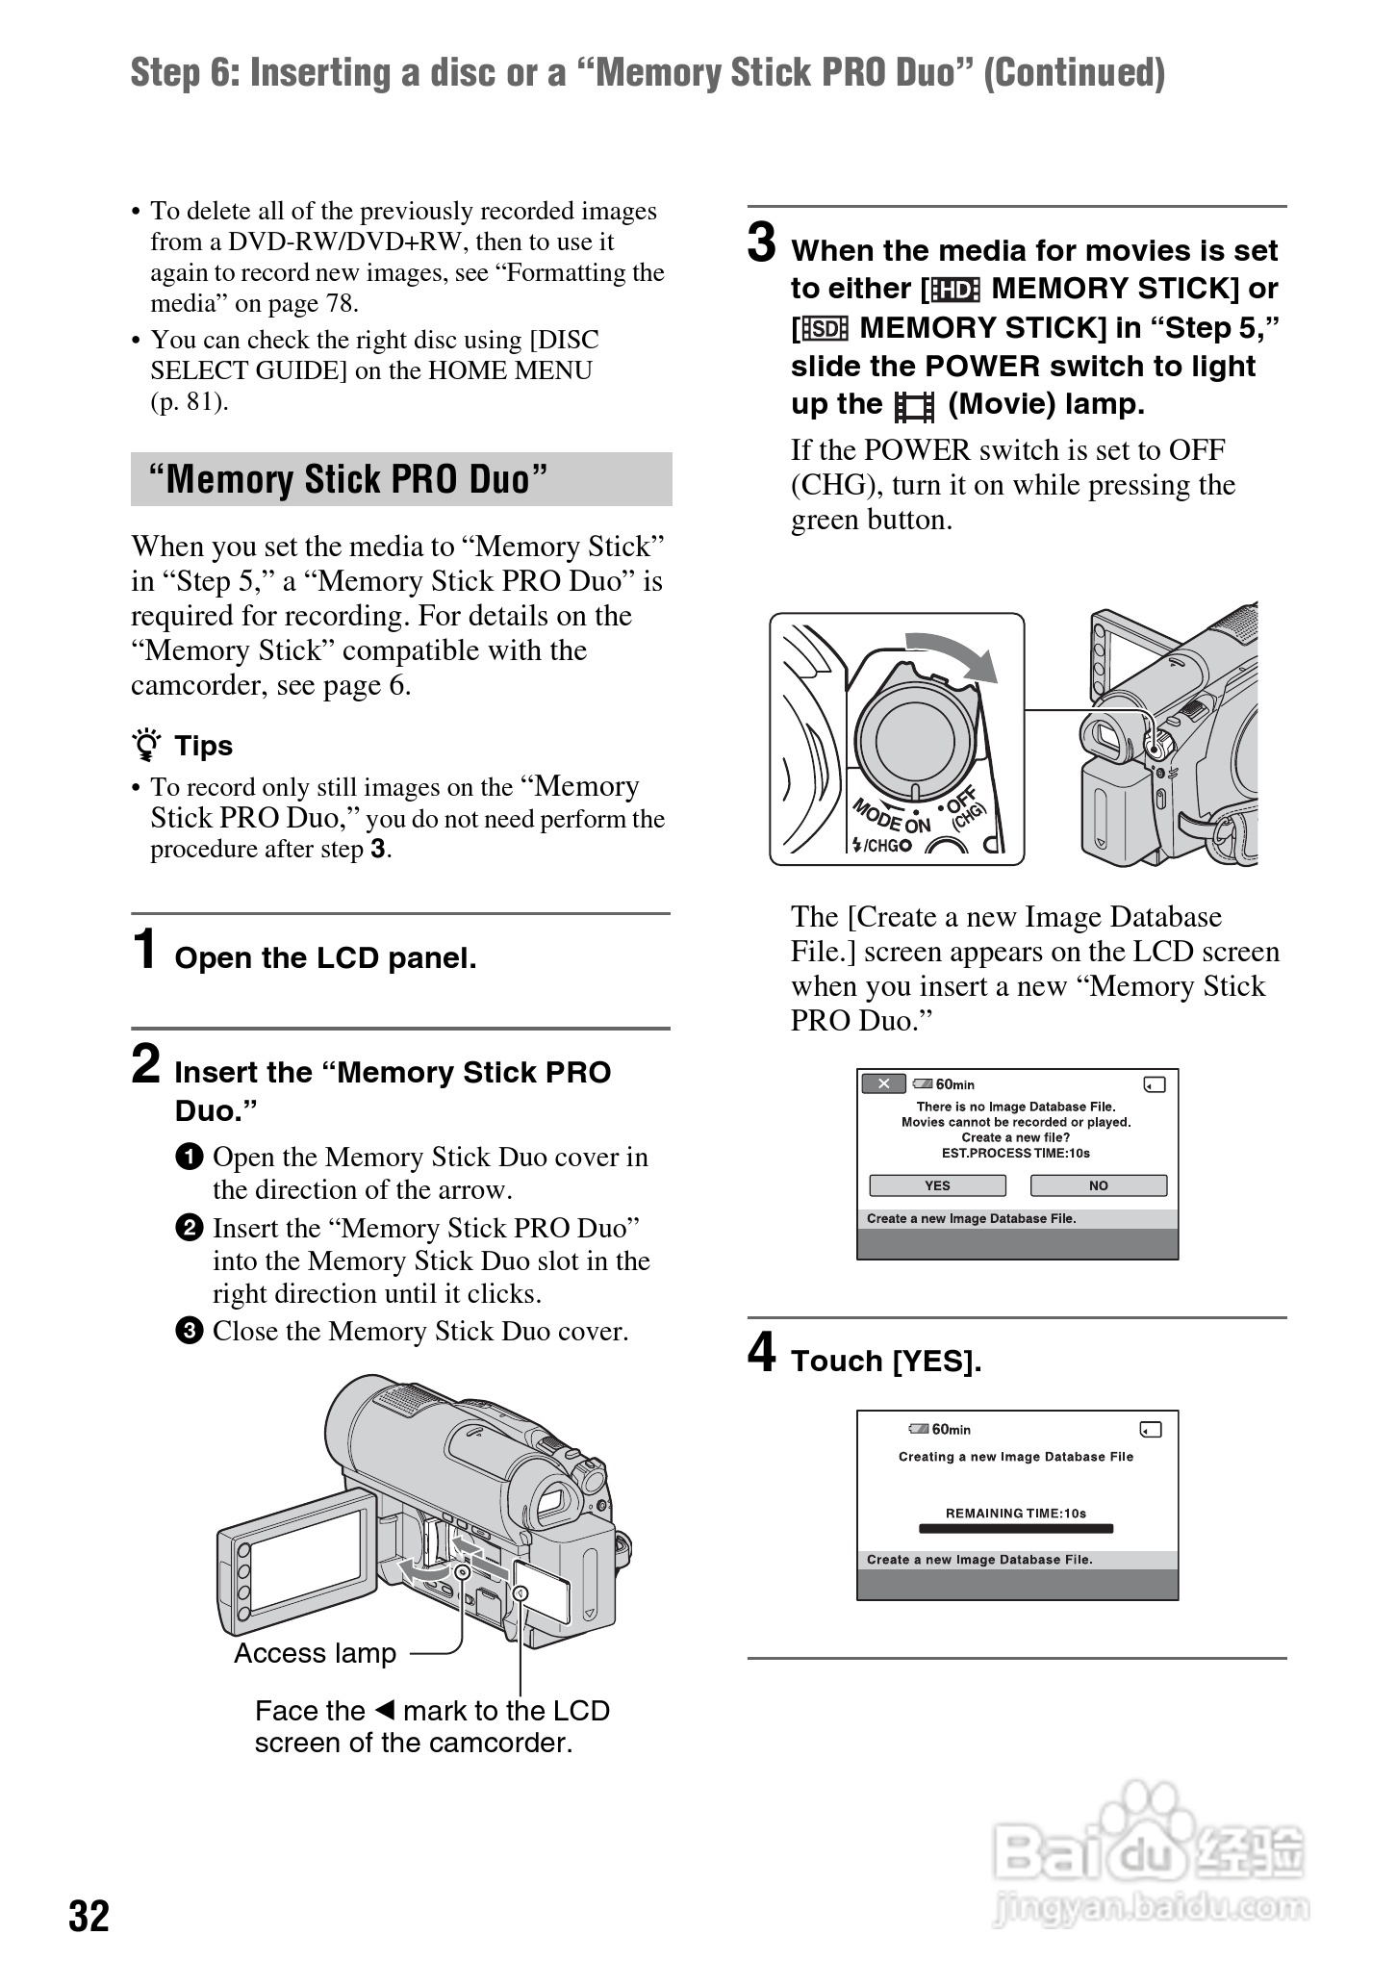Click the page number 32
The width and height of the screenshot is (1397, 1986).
89,1916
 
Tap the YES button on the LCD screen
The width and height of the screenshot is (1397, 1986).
937,1185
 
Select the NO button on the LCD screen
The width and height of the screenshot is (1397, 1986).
1098,1185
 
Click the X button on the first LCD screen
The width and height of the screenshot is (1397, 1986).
883,1084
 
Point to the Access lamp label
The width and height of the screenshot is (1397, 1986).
315,1653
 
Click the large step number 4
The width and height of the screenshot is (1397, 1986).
762,1352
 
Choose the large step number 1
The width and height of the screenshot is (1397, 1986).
145,950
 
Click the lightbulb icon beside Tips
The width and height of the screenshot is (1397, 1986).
147,747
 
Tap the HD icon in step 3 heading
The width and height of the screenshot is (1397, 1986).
955,290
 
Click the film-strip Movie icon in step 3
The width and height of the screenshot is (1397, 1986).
914,406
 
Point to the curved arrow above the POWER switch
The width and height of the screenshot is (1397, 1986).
952,654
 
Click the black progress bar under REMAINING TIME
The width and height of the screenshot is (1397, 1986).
1016,1528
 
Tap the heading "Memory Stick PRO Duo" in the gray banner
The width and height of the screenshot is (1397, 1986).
348,479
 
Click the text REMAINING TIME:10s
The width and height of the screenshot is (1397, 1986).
1016,1513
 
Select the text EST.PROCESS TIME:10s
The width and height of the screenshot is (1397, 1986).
1016,1153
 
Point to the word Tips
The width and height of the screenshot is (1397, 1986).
204,747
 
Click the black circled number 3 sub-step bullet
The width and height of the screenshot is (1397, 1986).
190,1331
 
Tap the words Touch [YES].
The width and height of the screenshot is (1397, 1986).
886,1361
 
